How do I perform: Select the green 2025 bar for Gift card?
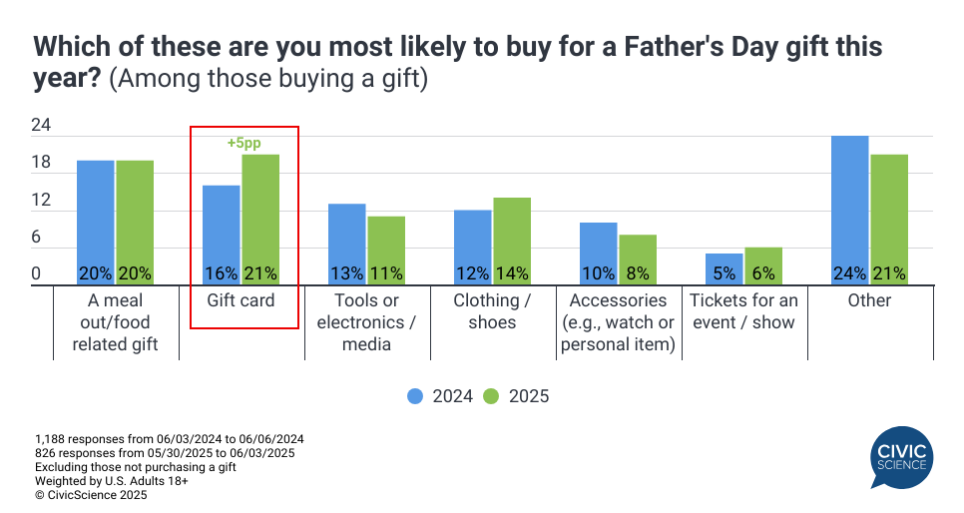pos(259,220)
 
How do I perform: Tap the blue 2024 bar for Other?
pos(849,210)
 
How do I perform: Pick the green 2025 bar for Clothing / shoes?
pos(511,241)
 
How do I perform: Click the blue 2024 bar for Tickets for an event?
pos(723,268)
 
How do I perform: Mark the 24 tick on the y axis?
pos(41,126)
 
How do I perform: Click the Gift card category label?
pos(240,300)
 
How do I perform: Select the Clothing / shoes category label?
pos(493,310)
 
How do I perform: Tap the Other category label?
pos(869,300)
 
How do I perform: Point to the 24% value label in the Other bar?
pos(849,273)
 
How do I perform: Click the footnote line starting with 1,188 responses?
pos(169,439)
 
